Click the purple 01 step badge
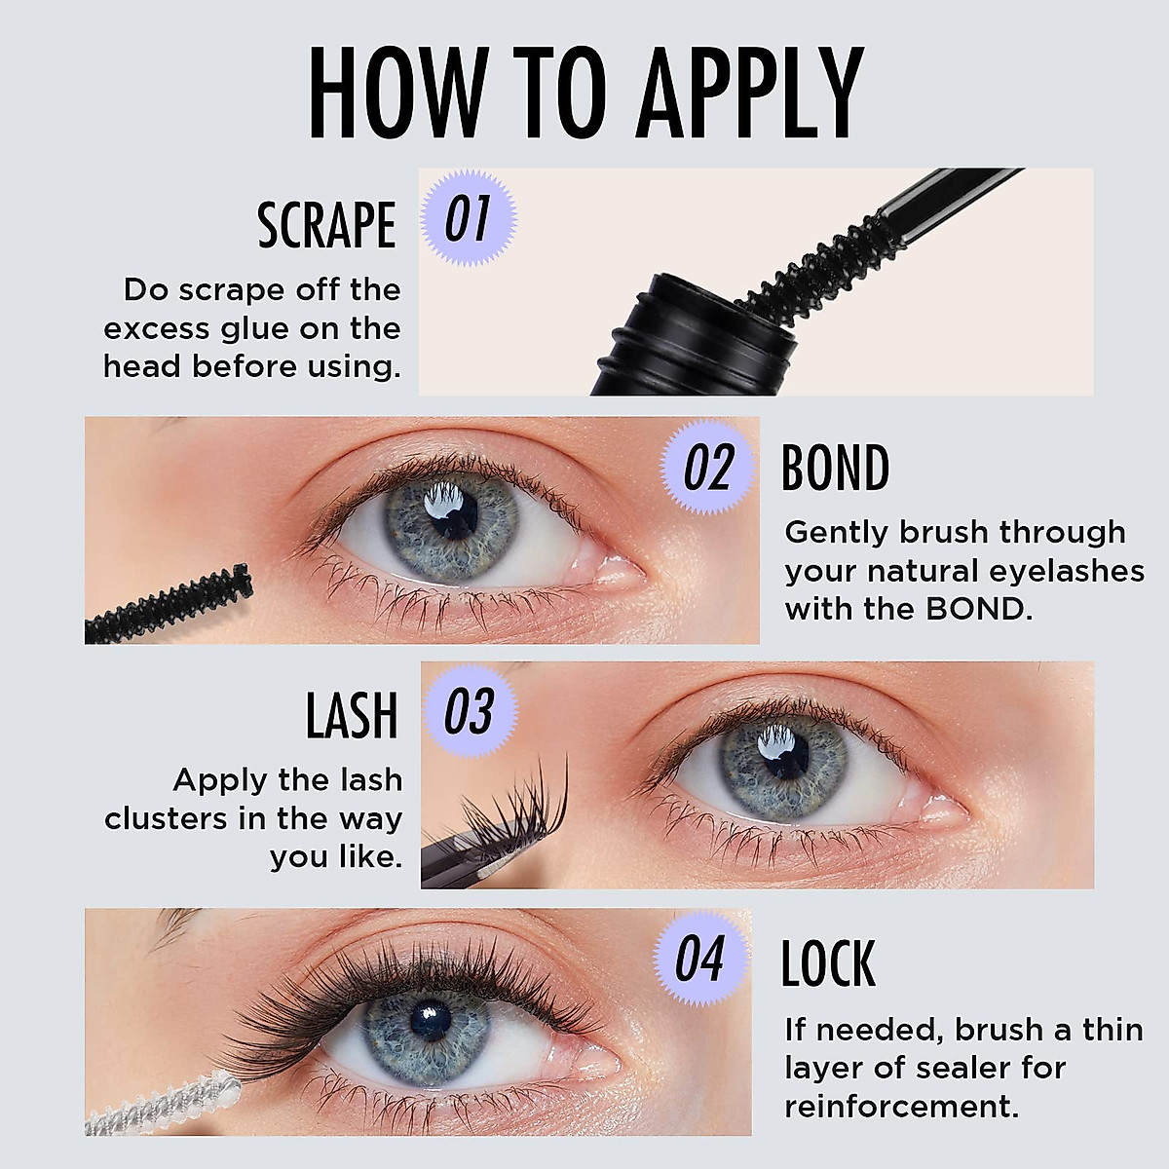tap(467, 219)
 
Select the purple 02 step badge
tap(708, 469)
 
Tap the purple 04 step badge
tap(700, 960)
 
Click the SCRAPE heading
tap(326, 225)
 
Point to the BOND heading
tap(835, 469)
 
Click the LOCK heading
tap(828, 962)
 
